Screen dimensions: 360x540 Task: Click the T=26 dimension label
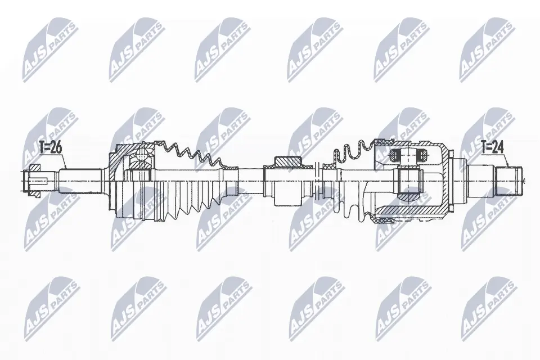[50, 148]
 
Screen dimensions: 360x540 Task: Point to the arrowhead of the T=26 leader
[67, 169]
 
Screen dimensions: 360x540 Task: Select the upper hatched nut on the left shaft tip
[34, 168]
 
